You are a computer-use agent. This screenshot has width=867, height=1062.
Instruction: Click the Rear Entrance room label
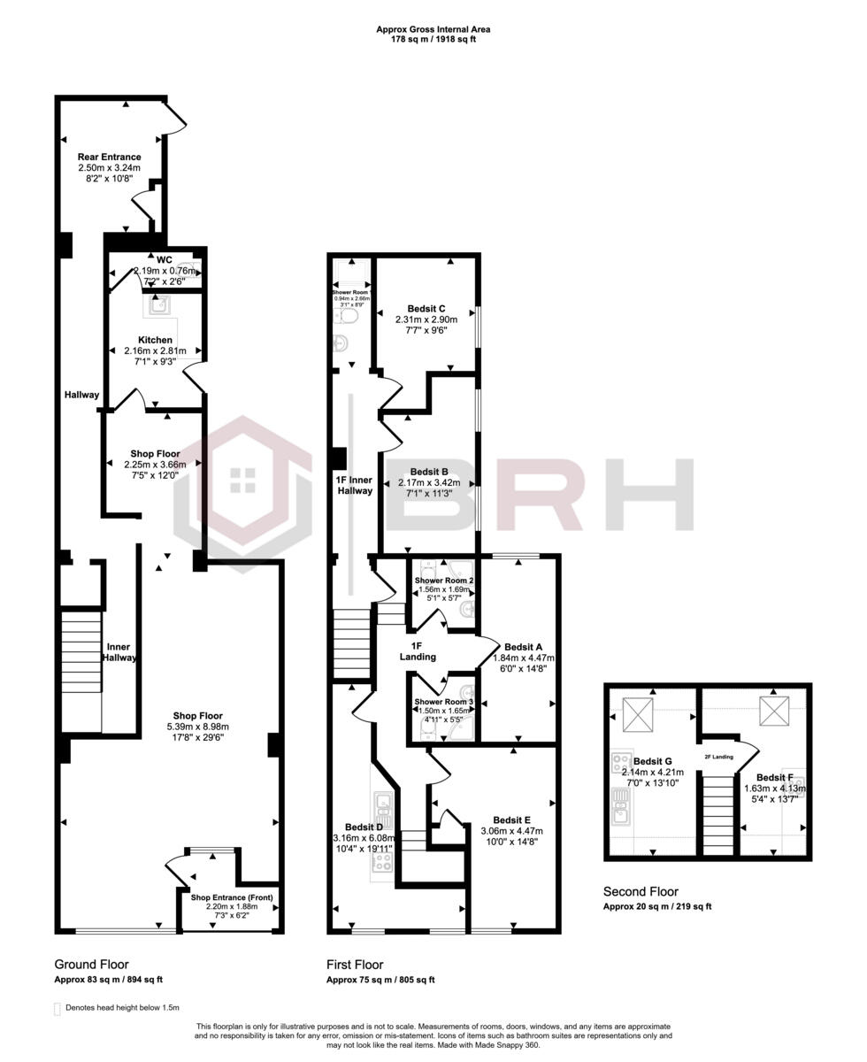coord(109,157)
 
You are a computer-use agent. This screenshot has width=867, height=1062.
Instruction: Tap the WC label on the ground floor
coord(164,259)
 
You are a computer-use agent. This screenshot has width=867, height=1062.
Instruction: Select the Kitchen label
coord(155,340)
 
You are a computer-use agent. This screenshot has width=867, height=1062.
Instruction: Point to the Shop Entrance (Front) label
coord(233,897)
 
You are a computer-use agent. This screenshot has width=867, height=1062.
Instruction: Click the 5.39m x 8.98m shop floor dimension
coord(197,727)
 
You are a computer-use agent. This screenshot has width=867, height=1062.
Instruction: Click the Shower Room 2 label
coord(444,581)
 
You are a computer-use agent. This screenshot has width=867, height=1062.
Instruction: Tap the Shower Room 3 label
coord(444,702)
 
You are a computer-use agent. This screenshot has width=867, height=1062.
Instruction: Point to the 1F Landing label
coord(418,650)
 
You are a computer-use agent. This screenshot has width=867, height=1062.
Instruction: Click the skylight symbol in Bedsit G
coord(637,714)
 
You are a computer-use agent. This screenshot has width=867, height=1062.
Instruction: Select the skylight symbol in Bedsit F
coord(771,710)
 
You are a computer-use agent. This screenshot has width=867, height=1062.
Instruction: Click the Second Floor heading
coord(641,891)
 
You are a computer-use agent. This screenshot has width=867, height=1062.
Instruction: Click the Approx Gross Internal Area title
coord(433,29)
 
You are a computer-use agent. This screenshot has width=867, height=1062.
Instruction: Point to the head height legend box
coord(58,1008)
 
